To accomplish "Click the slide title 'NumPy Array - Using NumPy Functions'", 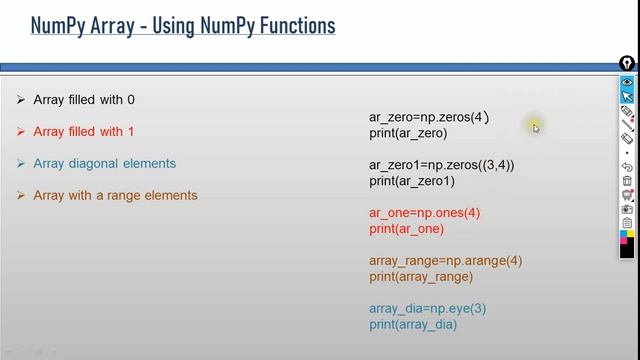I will (x=182, y=24).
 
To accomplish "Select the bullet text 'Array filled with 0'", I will (x=84, y=100).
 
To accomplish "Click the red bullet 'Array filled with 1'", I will (x=84, y=132).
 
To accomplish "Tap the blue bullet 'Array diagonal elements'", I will (x=104, y=163).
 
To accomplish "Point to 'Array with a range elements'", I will (x=115, y=195).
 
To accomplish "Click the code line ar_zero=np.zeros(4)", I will (x=429, y=118).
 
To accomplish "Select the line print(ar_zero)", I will (x=408, y=133).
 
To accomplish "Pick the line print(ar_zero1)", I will (x=412, y=181).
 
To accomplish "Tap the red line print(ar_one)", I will (x=406, y=229).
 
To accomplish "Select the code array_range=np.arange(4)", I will (x=445, y=261).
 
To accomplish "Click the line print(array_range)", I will (x=421, y=276).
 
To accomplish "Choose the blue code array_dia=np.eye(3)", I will (x=427, y=309).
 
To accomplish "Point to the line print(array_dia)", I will (x=413, y=324).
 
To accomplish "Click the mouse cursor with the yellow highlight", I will (x=535, y=126).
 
